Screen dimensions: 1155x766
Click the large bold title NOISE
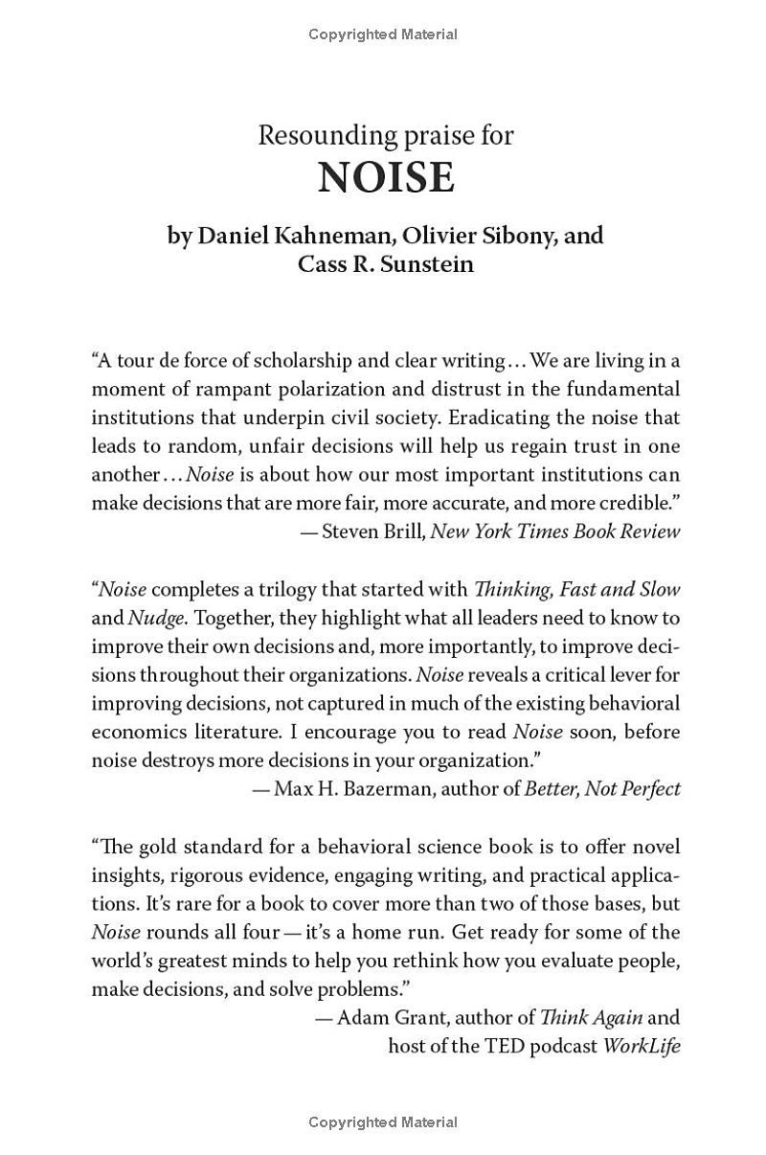tap(385, 178)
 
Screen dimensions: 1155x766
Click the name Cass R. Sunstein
tap(385, 264)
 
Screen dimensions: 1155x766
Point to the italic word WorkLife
tap(642, 1046)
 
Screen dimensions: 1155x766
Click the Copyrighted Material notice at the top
tap(383, 34)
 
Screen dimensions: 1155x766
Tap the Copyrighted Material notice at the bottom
tap(383, 1122)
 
